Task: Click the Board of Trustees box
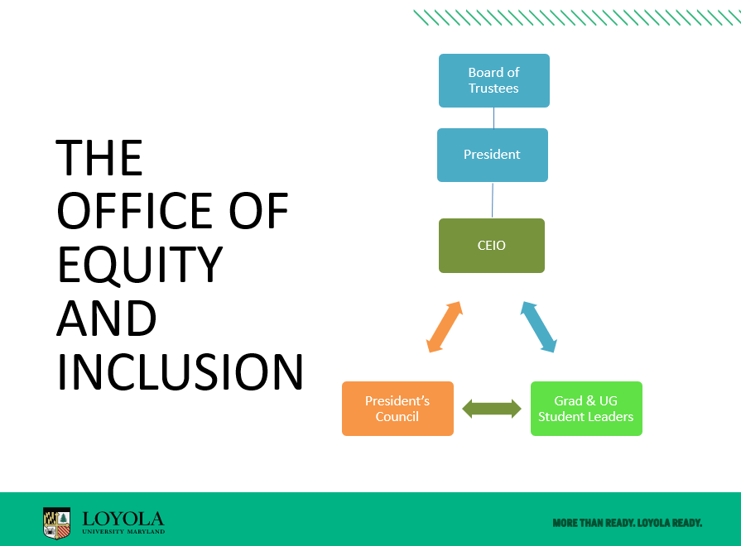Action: [x=493, y=80]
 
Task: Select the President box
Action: [x=493, y=155]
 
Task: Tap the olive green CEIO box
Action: [x=492, y=246]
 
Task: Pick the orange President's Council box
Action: [x=397, y=409]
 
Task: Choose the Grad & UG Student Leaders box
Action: [x=586, y=409]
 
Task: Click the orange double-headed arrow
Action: [x=445, y=327]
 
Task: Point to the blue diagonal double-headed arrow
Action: [x=539, y=327]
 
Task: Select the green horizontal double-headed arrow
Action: [x=492, y=409]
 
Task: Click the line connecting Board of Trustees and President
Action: [x=493, y=118]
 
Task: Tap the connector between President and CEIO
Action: [x=493, y=200]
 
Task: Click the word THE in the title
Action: [x=99, y=158]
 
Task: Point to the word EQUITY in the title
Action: [x=140, y=265]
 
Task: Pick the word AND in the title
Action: [x=106, y=318]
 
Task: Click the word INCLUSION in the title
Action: [x=180, y=372]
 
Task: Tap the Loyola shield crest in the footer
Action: [x=56, y=523]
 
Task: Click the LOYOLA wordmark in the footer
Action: [x=123, y=519]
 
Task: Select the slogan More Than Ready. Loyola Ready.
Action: [x=627, y=523]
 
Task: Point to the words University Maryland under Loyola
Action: [x=123, y=531]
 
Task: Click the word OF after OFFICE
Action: [x=258, y=211]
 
